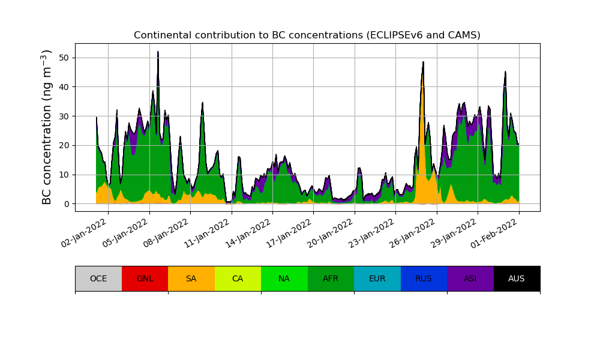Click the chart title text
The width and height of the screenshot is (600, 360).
(307, 35)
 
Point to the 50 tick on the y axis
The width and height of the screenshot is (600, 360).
(64, 58)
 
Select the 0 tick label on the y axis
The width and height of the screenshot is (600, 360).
(67, 204)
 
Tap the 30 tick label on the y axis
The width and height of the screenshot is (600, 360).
(64, 116)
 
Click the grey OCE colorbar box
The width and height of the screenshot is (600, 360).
(98, 278)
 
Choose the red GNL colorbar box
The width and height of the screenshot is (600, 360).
(145, 278)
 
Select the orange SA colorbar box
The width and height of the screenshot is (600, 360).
(191, 278)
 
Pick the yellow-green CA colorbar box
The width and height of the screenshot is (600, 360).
(238, 278)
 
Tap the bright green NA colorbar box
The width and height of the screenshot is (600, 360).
(284, 278)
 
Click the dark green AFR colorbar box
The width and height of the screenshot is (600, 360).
(331, 278)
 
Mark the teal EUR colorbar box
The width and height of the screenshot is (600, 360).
(377, 278)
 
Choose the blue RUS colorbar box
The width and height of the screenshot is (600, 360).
(424, 278)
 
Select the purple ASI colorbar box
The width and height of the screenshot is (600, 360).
(470, 278)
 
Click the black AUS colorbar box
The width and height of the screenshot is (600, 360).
(517, 278)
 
